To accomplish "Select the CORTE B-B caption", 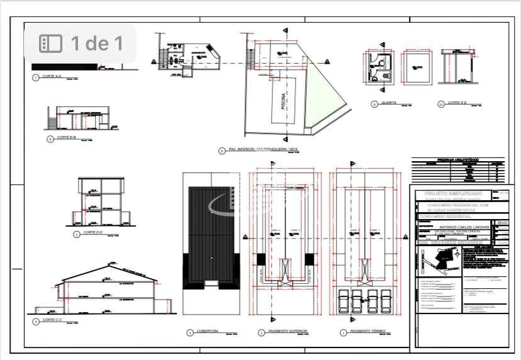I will coord(66,137).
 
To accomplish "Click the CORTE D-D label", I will coord(93,232).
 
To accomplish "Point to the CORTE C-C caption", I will coord(52,320).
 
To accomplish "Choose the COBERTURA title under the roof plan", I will coord(207,331).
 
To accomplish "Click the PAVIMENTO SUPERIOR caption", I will coord(281,331).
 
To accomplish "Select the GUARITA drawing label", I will coord(388,103).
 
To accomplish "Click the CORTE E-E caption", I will coord(459,103).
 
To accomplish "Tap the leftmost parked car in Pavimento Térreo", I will coord(344,301).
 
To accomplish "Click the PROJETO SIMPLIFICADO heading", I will coord(454,194).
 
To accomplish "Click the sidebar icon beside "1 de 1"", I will coord(50,43).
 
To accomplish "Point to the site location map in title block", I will coord(441,259).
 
